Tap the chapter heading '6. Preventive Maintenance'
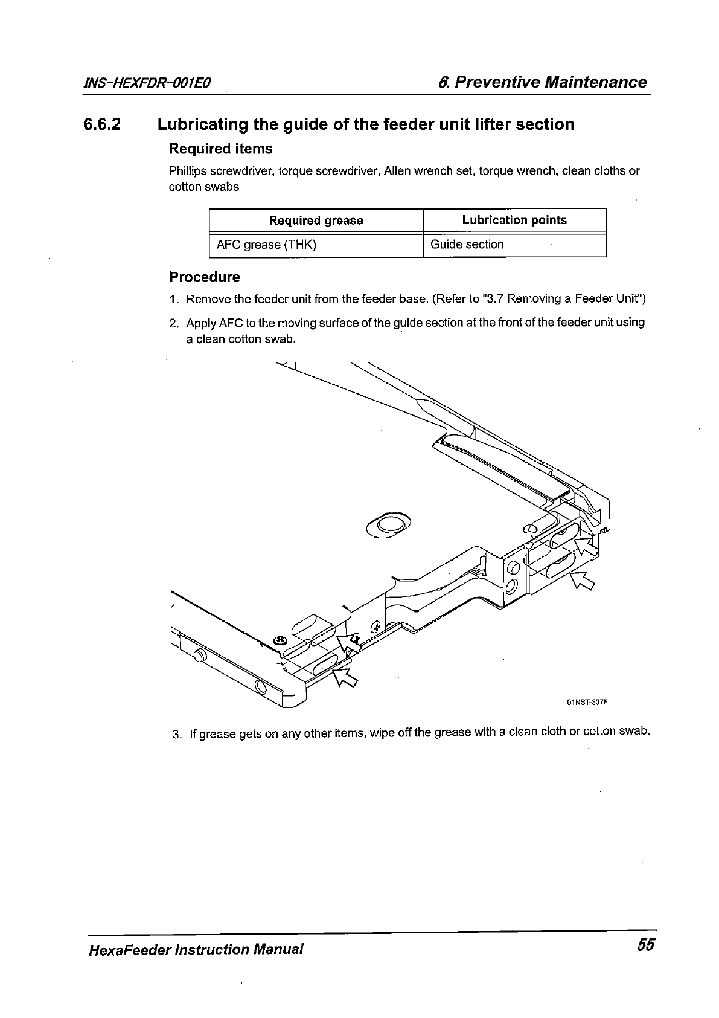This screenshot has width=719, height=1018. click(542, 82)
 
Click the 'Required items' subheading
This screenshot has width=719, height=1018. click(220, 149)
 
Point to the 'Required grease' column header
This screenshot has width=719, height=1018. click(316, 221)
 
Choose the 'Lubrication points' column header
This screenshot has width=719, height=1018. click(514, 220)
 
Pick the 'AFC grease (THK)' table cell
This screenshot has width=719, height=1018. click(266, 245)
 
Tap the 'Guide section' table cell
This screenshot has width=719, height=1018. click(467, 245)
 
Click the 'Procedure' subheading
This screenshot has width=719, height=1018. click(204, 277)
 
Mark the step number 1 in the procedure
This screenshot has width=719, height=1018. click(173, 300)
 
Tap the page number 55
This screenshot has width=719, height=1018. click(644, 945)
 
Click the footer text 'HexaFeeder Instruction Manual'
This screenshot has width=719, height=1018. click(194, 949)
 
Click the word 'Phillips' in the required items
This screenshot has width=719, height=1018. click(187, 171)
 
